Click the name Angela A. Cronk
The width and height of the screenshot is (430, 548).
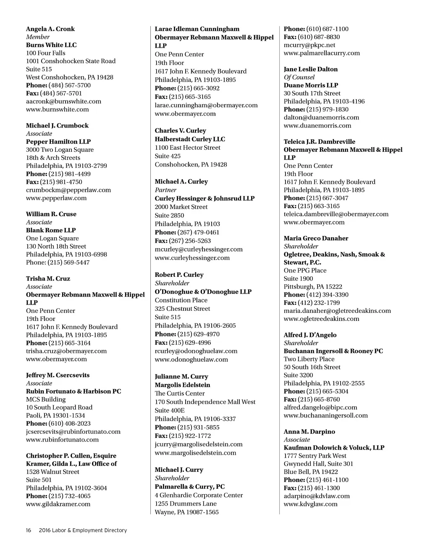click(x=50, y=29)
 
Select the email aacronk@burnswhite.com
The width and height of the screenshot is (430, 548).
click(x=63, y=101)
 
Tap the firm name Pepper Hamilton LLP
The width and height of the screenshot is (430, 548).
click(x=58, y=142)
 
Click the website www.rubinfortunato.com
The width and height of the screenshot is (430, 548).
click(x=62, y=439)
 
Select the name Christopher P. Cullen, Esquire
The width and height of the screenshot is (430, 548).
click(x=71, y=456)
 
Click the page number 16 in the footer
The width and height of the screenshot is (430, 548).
click(x=29, y=530)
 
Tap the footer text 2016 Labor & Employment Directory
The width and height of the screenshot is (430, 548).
click(x=82, y=530)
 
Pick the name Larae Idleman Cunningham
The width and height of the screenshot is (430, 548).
click(x=197, y=29)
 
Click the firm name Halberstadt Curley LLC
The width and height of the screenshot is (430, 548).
click(x=190, y=139)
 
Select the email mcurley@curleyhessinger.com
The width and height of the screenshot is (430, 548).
click(x=199, y=249)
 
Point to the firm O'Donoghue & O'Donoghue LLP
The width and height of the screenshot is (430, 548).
click(x=203, y=292)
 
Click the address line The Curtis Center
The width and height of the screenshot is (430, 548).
click(x=180, y=394)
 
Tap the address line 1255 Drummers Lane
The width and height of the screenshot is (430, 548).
click(x=186, y=504)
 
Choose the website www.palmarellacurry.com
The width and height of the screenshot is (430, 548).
click(x=322, y=53)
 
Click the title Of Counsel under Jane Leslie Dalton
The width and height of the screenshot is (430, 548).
click(x=299, y=77)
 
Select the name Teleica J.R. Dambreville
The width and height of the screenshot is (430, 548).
click(x=319, y=142)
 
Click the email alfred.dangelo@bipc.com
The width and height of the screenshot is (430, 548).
click(x=320, y=408)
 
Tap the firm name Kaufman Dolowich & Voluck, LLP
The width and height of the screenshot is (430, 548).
click(x=334, y=448)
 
